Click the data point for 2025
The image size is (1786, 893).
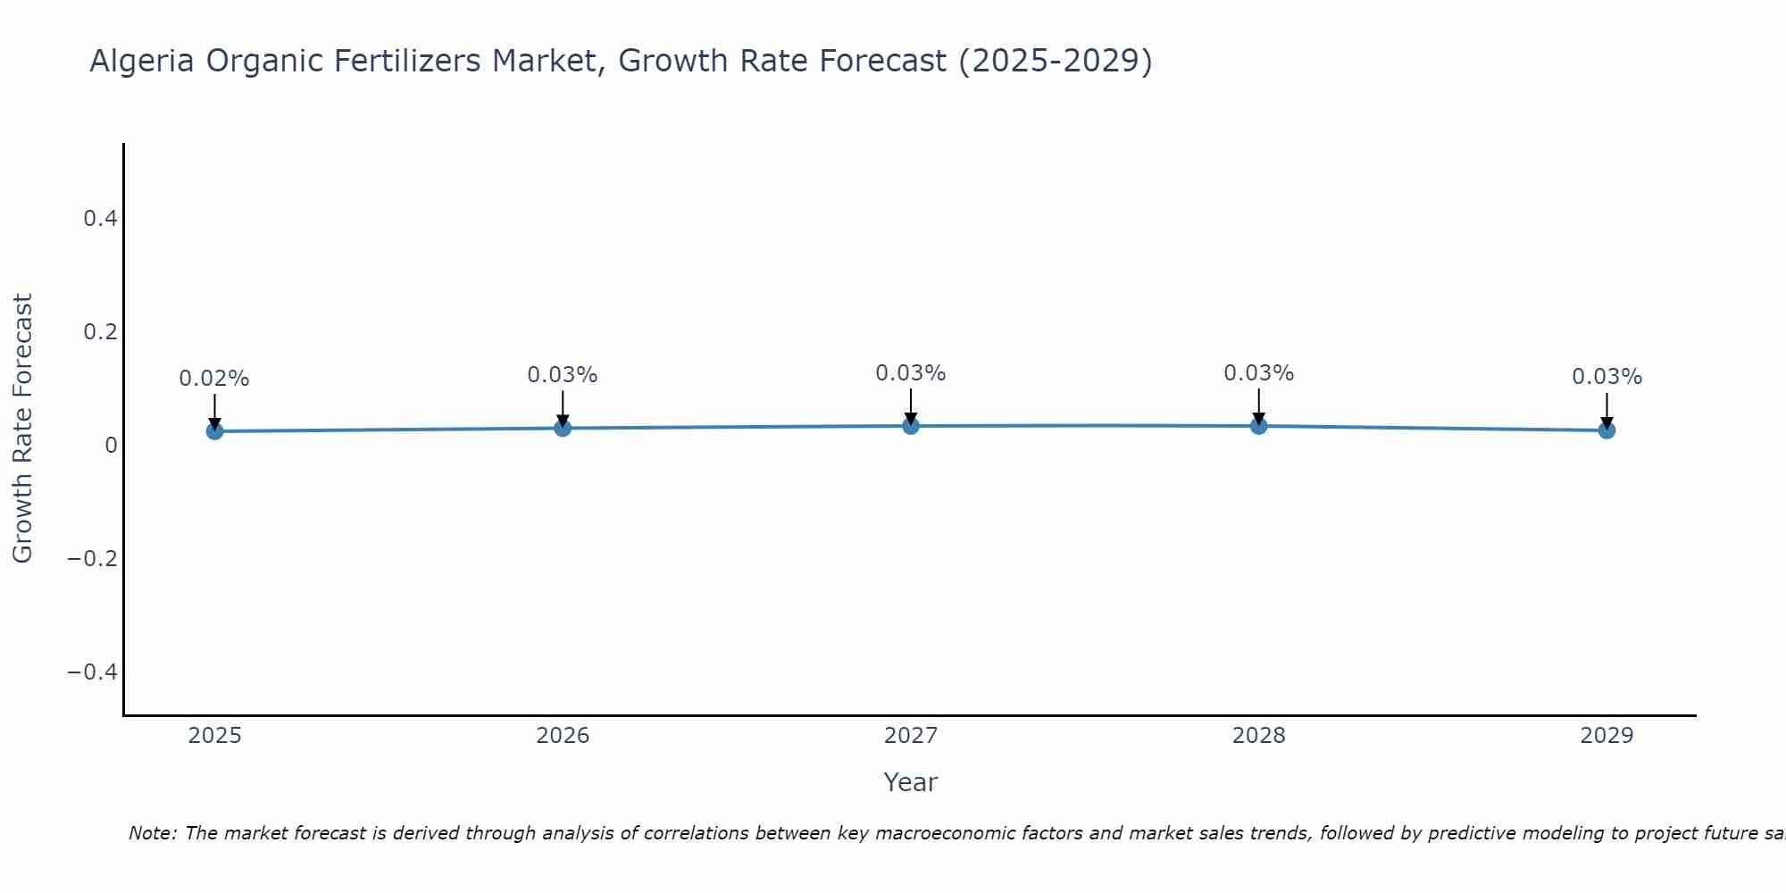[214, 431]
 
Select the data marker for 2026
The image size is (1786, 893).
[563, 428]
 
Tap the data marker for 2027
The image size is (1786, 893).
[911, 426]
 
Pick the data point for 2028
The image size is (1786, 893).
[1258, 426]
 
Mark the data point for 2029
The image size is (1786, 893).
[1607, 430]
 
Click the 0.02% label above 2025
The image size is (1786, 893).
[214, 379]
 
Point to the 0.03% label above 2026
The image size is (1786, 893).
[563, 375]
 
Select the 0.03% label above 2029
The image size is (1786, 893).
[1607, 377]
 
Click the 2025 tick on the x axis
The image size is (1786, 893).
[214, 736]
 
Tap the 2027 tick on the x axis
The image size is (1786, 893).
[911, 736]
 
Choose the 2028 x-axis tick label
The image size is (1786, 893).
[1258, 736]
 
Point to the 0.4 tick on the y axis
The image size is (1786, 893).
[100, 218]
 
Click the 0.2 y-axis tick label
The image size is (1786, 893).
[100, 331]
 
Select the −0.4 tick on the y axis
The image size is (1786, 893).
[93, 672]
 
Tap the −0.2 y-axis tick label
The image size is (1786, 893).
[93, 558]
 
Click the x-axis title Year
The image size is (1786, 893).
[910, 782]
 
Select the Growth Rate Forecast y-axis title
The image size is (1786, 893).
[22, 429]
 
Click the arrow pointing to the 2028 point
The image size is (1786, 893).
[1258, 406]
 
